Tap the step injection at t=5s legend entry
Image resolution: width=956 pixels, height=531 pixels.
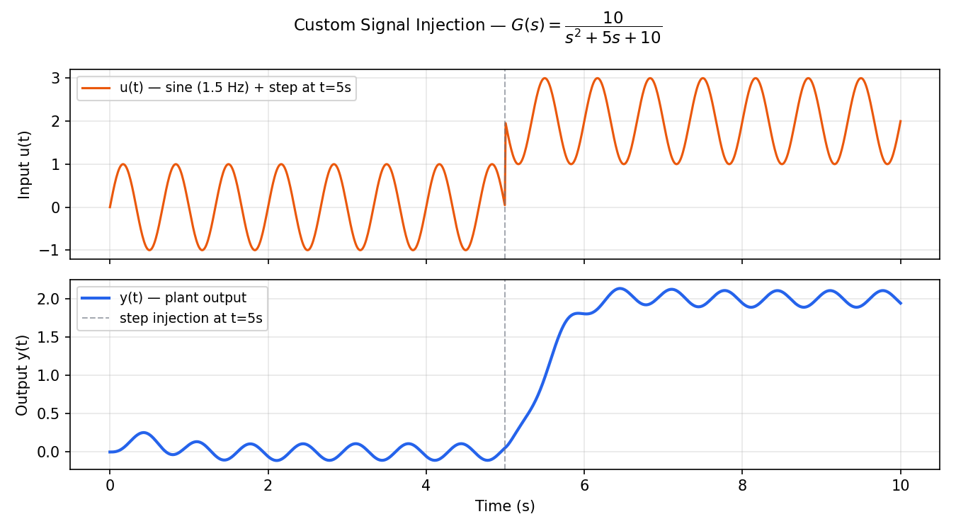tap(190, 319)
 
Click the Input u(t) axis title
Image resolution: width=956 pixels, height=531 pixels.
tap(25, 164)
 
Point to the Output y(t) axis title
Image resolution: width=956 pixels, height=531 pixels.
tap(22, 375)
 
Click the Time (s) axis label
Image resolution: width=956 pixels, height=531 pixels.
tap(504, 506)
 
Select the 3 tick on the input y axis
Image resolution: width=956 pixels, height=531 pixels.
tap(55, 78)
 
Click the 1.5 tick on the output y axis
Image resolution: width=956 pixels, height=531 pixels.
tap(50, 337)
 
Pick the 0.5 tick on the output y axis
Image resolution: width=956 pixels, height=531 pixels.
tap(50, 413)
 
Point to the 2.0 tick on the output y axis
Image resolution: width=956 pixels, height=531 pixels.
tap(50, 299)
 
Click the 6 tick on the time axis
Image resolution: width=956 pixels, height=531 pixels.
tap(584, 486)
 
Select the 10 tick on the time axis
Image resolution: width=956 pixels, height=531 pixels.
tap(900, 486)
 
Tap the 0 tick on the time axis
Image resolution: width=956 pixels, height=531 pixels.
tap(110, 486)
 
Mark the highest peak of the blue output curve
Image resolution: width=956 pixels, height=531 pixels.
tap(620, 288)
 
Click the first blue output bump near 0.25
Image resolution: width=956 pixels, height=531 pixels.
tap(144, 433)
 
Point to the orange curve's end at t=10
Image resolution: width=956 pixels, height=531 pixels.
tap(900, 121)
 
